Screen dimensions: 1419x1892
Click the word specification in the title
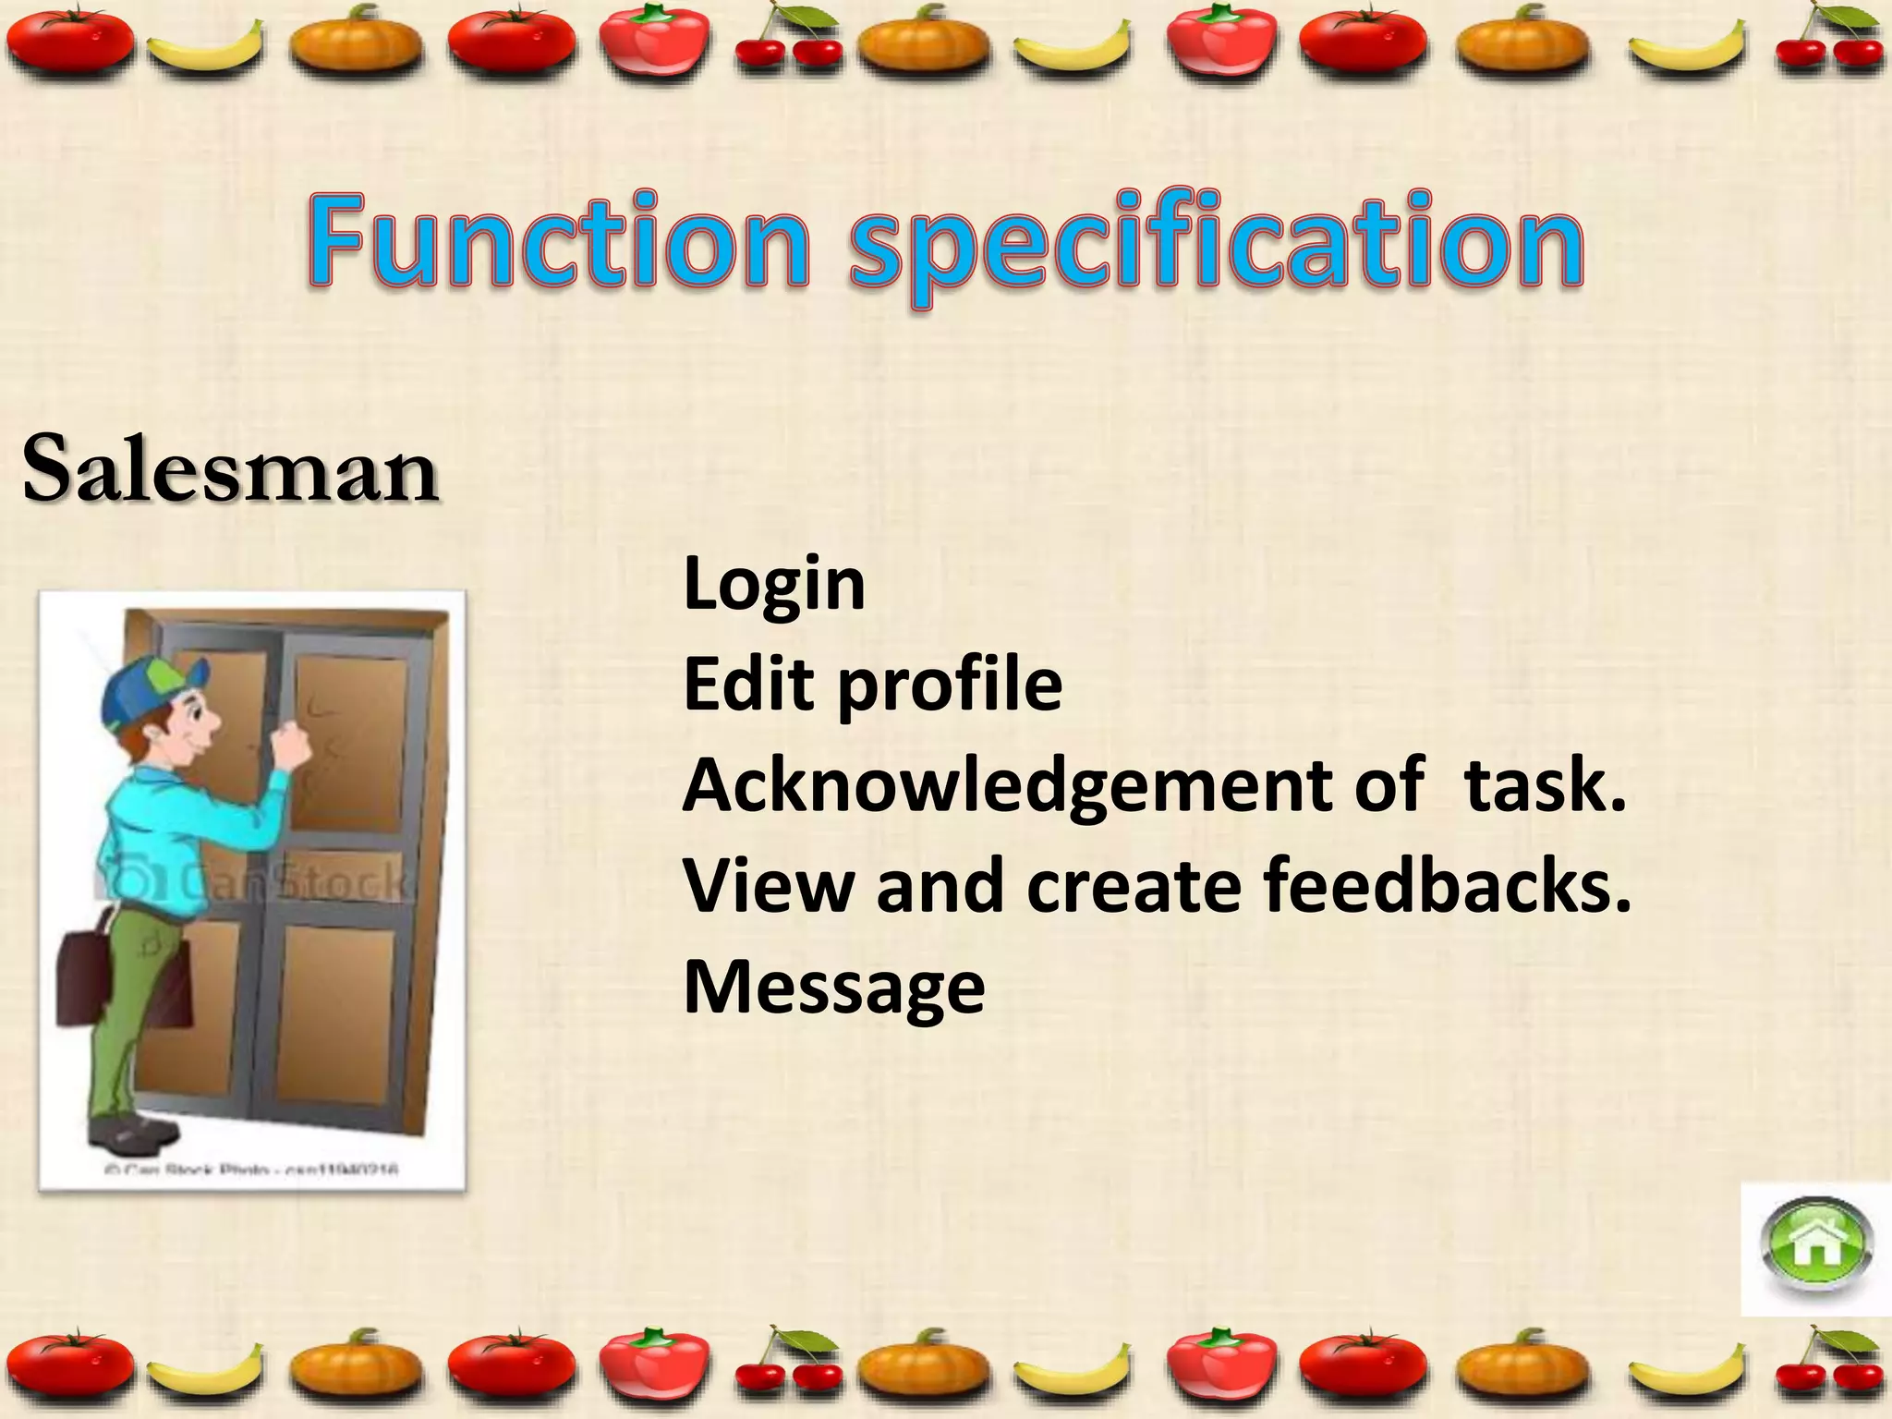pos(1216,245)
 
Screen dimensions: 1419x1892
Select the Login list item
pos(774,586)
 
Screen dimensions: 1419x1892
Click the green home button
pos(1816,1250)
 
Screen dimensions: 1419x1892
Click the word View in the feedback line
pos(768,885)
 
